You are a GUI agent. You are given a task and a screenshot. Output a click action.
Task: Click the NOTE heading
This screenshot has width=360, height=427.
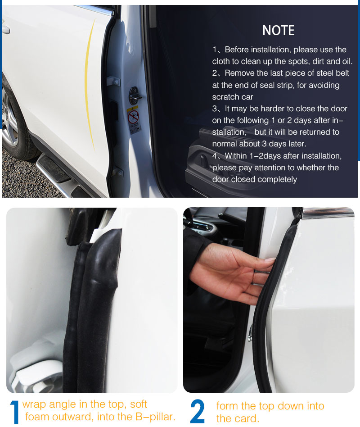pos(279,30)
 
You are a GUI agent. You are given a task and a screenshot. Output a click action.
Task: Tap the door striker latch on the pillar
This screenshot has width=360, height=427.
pos(135,95)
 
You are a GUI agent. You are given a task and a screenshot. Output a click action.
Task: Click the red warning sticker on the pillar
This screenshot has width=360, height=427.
pos(134,117)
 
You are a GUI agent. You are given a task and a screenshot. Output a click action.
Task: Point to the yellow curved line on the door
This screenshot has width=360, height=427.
pos(90,84)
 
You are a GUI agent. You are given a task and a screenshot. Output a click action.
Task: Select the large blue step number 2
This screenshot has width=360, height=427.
pos(197,411)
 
